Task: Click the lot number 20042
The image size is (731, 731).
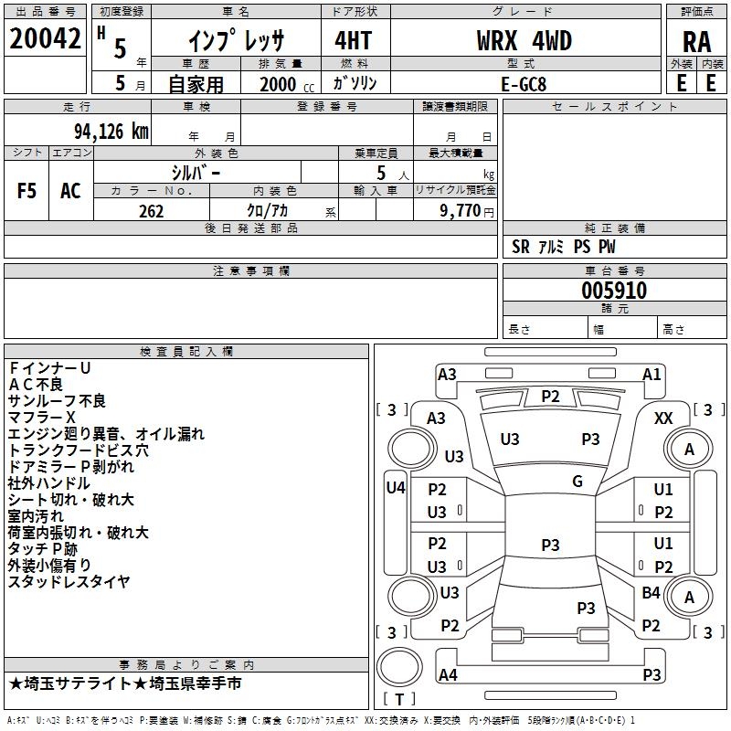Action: (45, 38)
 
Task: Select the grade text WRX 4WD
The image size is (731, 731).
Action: (524, 40)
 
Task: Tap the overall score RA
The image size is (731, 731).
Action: (697, 42)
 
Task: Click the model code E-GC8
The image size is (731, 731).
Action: (524, 84)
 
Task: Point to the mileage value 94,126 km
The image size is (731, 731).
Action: (111, 132)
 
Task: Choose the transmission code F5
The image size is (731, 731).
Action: (26, 191)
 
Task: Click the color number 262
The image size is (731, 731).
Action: (151, 211)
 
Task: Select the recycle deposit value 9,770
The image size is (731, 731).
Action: (461, 211)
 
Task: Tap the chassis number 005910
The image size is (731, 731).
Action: (614, 291)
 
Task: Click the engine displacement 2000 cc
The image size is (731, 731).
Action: (287, 84)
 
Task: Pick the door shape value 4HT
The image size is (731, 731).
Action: (354, 40)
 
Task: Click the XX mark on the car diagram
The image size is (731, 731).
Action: (663, 418)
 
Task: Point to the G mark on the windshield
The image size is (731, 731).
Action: (577, 481)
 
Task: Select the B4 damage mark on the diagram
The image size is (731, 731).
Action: (651, 592)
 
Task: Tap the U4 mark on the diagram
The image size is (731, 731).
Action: (396, 488)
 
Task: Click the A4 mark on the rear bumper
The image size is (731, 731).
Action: (448, 674)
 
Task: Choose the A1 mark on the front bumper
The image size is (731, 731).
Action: (652, 375)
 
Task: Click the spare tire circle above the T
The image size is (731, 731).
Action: (399, 667)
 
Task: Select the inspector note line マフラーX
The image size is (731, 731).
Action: (41, 418)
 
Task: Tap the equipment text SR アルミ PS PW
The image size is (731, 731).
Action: (563, 247)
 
